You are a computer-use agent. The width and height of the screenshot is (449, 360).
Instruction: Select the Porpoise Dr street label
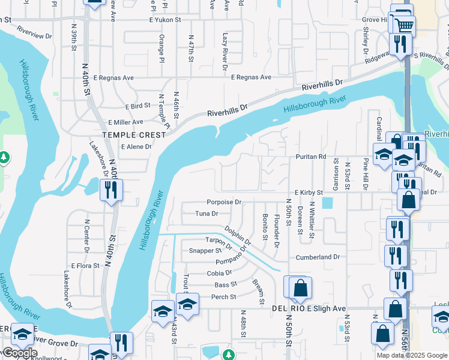pyautogui.click(x=224, y=202)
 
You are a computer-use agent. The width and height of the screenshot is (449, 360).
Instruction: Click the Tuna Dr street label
pyautogui.click(x=206, y=214)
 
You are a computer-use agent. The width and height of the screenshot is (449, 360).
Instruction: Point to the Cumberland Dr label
pyautogui.click(x=318, y=257)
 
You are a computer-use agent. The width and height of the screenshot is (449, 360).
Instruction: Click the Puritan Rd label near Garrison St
pyautogui.click(x=310, y=157)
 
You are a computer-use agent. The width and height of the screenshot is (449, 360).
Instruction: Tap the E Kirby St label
pyautogui.click(x=308, y=192)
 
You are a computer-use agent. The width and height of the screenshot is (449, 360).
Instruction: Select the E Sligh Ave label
pyautogui.click(x=327, y=308)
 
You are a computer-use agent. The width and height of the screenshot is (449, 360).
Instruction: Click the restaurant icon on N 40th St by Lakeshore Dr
pyautogui.click(x=112, y=190)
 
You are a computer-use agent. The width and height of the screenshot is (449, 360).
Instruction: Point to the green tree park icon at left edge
pyautogui.click(x=4, y=157)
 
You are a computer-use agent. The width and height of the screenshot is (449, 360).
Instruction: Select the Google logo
pyautogui.click(x=19, y=353)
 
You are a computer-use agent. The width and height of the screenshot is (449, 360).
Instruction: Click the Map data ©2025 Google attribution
pyautogui.click(x=412, y=355)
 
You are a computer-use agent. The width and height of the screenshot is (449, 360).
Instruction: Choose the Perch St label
pyautogui.click(x=223, y=297)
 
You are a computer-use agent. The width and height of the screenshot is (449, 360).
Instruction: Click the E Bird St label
pyautogui.click(x=138, y=106)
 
